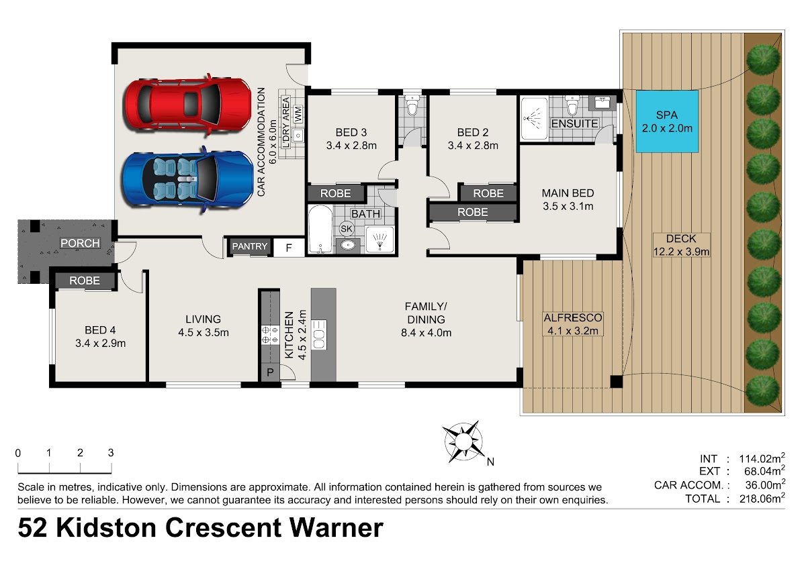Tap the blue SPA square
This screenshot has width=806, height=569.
click(x=667, y=121)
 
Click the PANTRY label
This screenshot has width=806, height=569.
click(x=250, y=246)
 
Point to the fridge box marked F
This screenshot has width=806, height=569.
click(x=289, y=248)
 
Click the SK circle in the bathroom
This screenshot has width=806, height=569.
click(x=347, y=229)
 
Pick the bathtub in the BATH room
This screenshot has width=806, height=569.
click(x=320, y=229)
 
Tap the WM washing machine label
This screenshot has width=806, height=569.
click(x=298, y=114)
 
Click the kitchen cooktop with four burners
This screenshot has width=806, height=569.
click(x=270, y=335)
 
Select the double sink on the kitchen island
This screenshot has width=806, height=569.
click(x=319, y=334)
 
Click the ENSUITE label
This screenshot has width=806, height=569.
click(x=575, y=123)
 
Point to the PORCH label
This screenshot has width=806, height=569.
click(x=80, y=244)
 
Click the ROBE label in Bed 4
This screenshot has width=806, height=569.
click(x=85, y=280)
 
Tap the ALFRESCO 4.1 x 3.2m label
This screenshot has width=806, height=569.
click(x=573, y=324)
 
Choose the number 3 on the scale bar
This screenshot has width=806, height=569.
click(x=111, y=453)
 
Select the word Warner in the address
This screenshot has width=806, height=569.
click(x=337, y=528)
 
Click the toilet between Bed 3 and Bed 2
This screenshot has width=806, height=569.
click(x=412, y=105)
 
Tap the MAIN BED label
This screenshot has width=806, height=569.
click(x=568, y=193)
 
